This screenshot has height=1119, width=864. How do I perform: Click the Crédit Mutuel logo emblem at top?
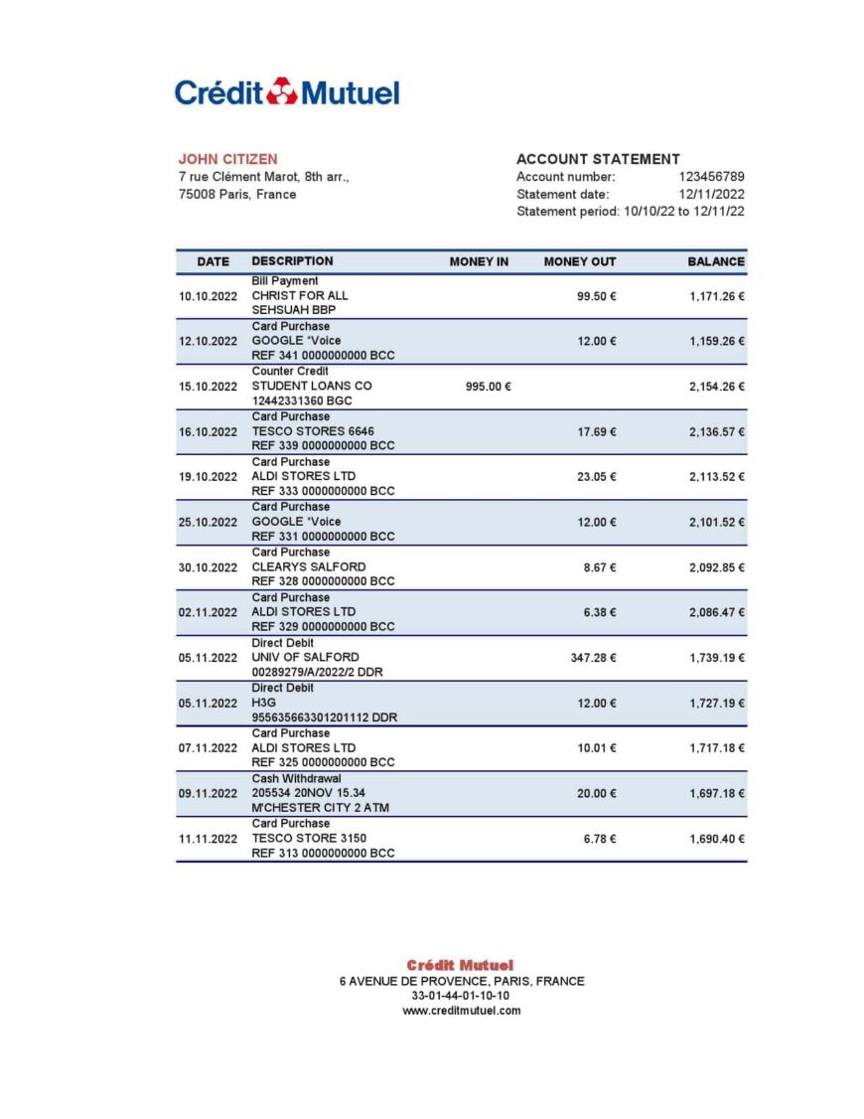[282, 91]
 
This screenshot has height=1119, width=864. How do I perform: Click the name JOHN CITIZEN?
[227, 159]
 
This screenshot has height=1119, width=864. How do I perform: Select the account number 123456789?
[711, 177]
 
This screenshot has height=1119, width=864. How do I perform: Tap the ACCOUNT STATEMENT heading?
[598, 159]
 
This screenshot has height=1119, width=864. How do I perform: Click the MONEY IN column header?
[479, 261]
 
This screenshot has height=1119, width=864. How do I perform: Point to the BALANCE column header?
[715, 261]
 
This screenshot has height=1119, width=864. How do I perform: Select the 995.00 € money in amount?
[488, 387]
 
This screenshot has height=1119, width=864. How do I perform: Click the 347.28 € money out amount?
[593, 658]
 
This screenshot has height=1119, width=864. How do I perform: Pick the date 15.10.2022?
[208, 387]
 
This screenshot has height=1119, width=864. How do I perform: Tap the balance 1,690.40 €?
[716, 839]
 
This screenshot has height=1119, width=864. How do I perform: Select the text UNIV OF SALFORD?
[305, 657]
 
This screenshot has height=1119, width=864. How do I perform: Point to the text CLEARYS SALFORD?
[308, 566]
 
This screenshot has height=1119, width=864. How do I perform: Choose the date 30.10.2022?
[208, 567]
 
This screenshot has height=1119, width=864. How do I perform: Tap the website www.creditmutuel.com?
[461, 1011]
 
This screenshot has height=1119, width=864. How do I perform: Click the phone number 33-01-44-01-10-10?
[461, 996]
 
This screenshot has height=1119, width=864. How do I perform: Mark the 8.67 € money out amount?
[599, 567]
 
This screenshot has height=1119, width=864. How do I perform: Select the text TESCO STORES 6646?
[313, 431]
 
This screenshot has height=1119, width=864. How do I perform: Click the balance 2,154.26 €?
[716, 387]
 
